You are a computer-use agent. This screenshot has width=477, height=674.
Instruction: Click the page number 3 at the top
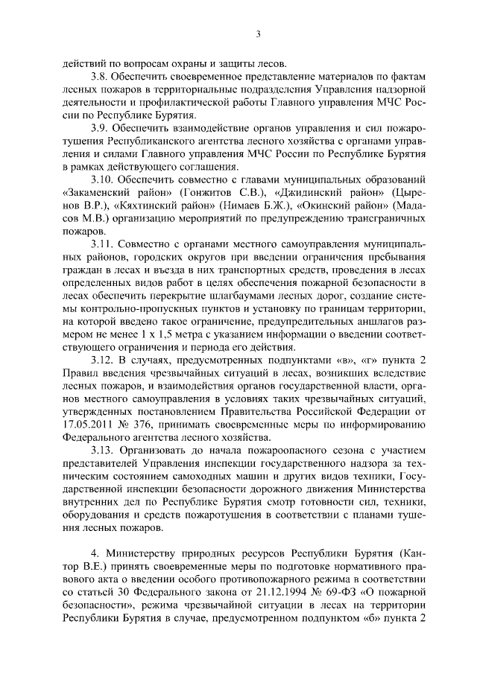tap(257, 34)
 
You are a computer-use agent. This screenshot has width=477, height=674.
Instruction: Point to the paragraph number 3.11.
tap(103, 244)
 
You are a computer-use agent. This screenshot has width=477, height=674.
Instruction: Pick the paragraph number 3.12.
tap(103, 360)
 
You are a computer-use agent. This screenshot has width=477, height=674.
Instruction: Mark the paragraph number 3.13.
tap(103, 451)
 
